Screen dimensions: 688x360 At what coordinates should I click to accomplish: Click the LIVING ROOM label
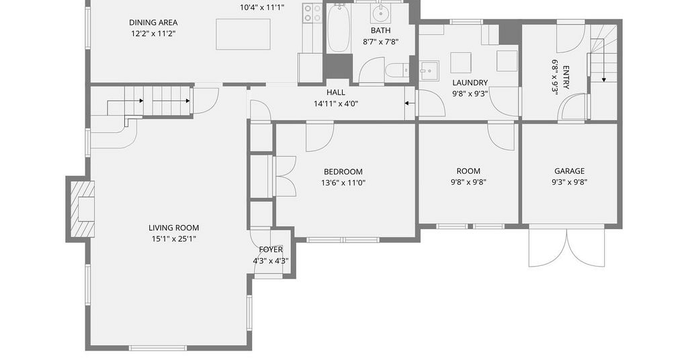(174, 228)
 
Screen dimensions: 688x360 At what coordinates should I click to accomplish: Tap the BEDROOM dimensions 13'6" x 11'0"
(343, 183)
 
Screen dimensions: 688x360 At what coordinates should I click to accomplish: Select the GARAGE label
(569, 171)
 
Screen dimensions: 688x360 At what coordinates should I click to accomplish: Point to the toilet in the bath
(396, 70)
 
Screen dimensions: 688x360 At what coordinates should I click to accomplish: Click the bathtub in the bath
(339, 28)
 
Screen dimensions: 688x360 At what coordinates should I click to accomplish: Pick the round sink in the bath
(381, 14)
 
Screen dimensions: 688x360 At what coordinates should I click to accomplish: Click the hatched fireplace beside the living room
(83, 209)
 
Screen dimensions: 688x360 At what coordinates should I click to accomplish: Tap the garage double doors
(567, 246)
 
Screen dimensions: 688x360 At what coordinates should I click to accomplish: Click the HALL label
(336, 93)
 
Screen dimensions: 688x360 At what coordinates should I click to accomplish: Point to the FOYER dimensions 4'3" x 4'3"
(271, 261)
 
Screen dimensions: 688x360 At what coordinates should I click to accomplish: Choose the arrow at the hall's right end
(409, 103)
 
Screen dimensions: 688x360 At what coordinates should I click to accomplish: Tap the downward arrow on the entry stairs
(604, 66)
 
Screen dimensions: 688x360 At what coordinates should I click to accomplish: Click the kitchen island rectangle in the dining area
(243, 34)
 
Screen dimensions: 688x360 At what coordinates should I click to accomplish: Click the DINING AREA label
(153, 22)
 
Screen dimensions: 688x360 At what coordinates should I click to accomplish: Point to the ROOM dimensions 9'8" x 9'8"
(468, 183)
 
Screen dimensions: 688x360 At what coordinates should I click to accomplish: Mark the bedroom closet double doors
(285, 176)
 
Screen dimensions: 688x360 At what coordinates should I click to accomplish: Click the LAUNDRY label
(470, 83)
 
